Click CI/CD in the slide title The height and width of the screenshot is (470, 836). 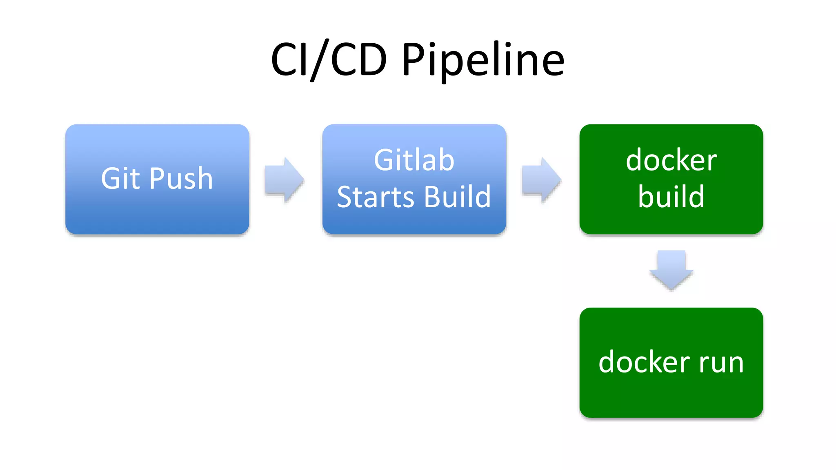[329, 60]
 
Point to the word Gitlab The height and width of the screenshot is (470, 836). [414, 160]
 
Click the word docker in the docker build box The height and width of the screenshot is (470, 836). [671, 160]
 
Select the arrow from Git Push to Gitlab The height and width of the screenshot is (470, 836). [284, 180]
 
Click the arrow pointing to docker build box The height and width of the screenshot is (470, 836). [541, 180]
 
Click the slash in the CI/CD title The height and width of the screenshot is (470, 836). [319, 60]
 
